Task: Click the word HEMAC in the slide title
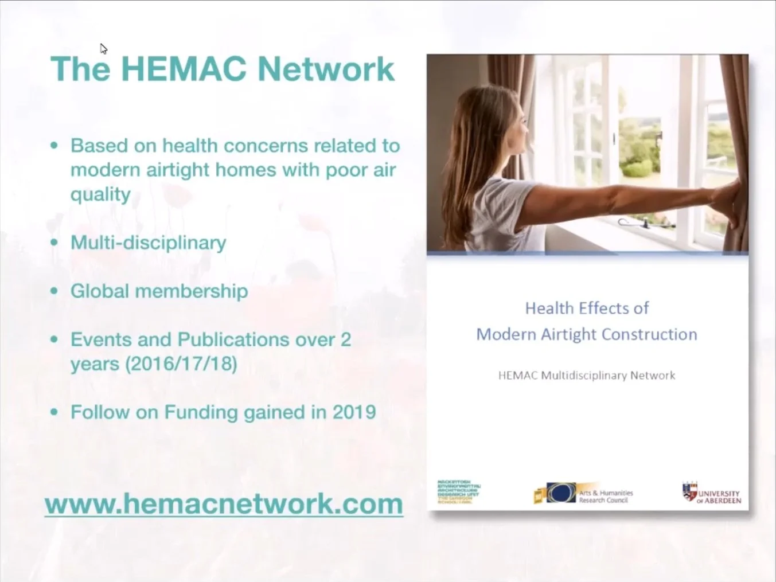[184, 69]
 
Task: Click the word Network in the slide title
[326, 69]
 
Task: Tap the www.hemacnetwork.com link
[224, 504]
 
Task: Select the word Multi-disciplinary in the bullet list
[148, 243]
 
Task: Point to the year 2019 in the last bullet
[354, 412]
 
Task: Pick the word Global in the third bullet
[99, 291]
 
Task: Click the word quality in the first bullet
[100, 195]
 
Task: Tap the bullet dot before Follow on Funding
[54, 412]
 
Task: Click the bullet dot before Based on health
[54, 146]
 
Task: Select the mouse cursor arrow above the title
[103, 49]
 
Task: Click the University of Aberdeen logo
[712, 493]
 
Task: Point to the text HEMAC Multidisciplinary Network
[586, 376]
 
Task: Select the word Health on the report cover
[549, 308]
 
